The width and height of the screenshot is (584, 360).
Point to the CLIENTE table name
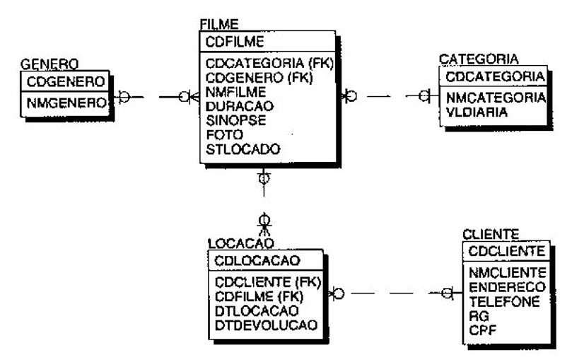[491, 234]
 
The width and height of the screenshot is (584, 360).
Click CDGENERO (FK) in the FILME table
[252, 77]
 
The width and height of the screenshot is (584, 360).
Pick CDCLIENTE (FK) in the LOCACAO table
[267, 282]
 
